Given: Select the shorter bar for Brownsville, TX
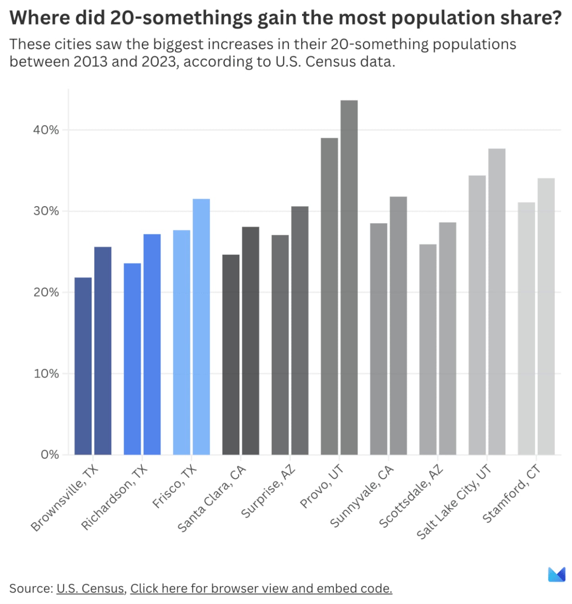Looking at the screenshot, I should [83, 366].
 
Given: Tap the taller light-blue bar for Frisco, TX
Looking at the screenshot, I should [201, 326].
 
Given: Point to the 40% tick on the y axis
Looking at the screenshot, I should [46, 130].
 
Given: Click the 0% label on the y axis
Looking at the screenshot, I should [49, 454].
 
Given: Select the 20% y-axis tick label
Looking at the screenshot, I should [46, 292].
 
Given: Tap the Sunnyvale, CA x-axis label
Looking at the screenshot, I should [362, 496].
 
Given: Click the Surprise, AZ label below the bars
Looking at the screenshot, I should [269, 491].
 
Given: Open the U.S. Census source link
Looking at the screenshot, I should [90, 588].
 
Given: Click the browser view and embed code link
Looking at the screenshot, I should [261, 588].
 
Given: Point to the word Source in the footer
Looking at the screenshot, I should [30, 588].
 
